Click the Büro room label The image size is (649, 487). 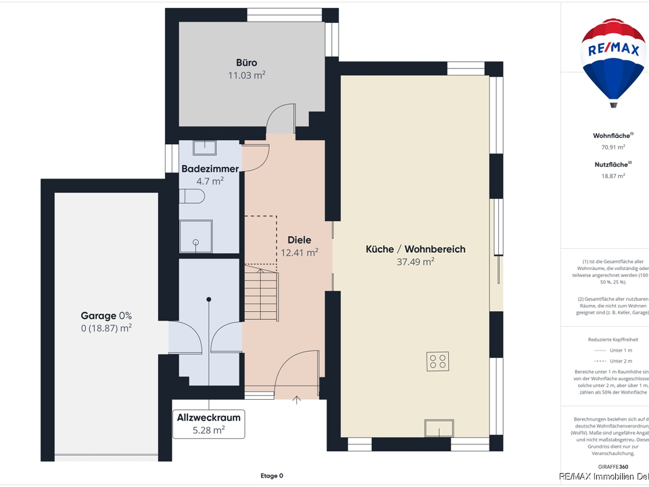[x=246, y=63]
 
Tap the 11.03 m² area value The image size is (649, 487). [x=246, y=76]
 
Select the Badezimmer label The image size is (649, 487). [x=210, y=168]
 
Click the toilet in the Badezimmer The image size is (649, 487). [x=193, y=197]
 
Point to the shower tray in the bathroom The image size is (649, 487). [x=195, y=235]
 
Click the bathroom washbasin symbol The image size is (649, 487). [x=203, y=148]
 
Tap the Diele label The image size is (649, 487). [x=299, y=240]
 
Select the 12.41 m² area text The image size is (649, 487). [x=299, y=253]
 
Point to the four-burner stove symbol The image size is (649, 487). [x=438, y=362]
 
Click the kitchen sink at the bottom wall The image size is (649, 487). [x=438, y=428]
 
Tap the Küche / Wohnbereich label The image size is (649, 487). [x=415, y=249]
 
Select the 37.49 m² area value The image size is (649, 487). [x=415, y=262]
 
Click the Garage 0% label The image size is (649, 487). [x=106, y=315]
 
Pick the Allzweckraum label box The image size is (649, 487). [x=208, y=423]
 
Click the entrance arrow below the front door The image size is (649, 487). [x=296, y=400]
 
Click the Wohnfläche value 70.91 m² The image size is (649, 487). [x=612, y=147]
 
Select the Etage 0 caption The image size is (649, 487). [x=272, y=476]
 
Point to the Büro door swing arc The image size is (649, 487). [x=280, y=120]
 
